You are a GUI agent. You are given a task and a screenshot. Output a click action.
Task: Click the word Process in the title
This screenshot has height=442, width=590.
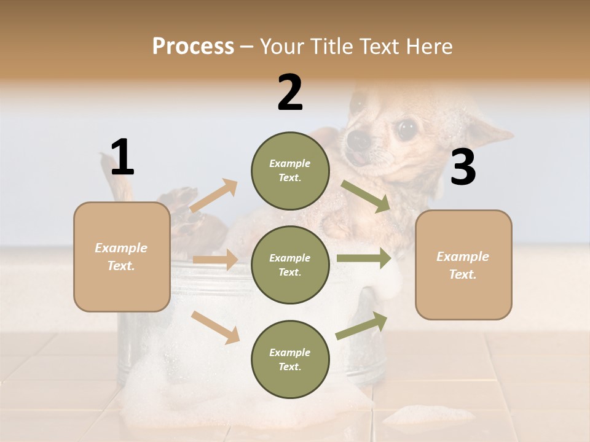(193, 47)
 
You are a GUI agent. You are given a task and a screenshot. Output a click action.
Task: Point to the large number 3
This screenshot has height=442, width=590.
(463, 168)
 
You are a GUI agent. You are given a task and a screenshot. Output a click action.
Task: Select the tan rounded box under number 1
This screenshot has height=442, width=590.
(122, 257)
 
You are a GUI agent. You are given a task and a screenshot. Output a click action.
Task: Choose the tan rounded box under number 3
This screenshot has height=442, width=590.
(463, 265)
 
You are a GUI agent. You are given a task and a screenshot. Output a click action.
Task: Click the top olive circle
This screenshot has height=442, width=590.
(290, 171)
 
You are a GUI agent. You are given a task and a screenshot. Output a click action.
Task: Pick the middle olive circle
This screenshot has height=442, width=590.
(290, 265)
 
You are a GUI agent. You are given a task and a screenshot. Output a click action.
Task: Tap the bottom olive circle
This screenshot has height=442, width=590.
(290, 359)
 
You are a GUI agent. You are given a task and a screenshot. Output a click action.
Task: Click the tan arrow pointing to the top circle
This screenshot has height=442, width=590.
(213, 196)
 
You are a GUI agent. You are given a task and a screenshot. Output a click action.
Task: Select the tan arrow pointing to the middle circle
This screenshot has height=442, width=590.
(214, 260)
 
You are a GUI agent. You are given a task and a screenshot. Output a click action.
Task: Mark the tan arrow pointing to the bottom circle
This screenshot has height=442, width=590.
(215, 327)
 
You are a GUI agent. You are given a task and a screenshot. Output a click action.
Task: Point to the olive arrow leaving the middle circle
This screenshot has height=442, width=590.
(364, 258)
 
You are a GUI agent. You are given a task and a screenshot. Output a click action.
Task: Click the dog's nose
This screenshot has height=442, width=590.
(358, 141)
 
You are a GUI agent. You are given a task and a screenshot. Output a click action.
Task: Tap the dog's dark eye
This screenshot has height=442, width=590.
(405, 129)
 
